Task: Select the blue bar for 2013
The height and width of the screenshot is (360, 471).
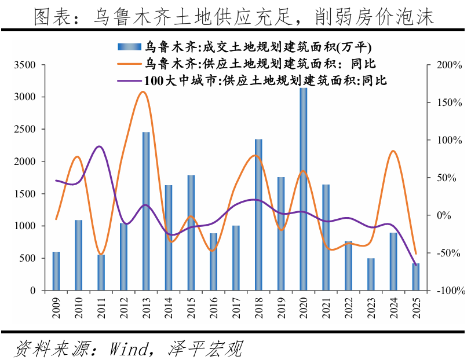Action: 146,211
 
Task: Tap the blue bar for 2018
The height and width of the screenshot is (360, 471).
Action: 258,215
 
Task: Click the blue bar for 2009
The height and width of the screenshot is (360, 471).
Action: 56,271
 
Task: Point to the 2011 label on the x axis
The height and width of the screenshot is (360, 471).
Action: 101,306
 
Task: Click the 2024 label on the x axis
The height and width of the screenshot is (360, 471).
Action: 393,306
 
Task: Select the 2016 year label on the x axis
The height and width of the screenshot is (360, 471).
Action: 214,306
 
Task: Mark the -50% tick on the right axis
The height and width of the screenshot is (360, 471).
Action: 448,253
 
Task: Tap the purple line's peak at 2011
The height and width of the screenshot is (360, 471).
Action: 100,146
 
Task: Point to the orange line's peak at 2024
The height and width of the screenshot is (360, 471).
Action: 393,150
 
